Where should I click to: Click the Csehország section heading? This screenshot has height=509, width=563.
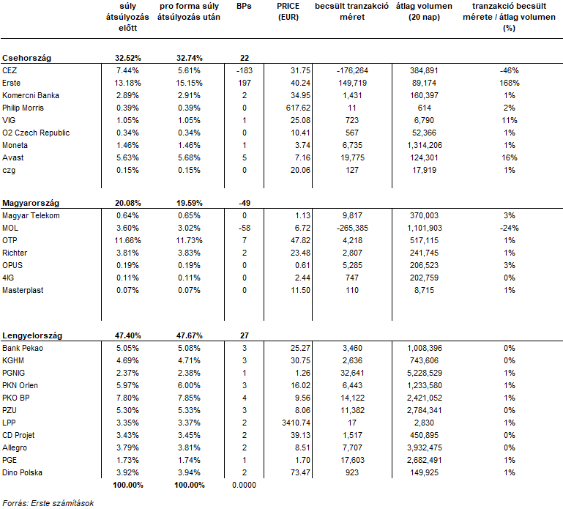coord(26,58)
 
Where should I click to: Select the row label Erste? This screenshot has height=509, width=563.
coord(11,83)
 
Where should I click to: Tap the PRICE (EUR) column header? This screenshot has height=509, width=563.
coord(288,12)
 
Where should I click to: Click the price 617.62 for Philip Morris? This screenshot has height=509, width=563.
coord(298,108)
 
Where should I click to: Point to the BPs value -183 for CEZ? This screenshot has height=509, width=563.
coord(244,70)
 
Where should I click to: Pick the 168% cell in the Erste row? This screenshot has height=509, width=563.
coord(509,83)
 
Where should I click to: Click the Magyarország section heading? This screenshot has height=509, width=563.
coord(31,204)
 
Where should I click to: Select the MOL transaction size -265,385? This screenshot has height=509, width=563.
coord(352,228)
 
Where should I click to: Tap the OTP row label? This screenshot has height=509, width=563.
coord(10,240)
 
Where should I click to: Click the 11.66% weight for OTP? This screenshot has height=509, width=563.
coord(128,240)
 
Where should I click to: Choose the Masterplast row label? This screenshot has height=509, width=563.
coord(23,290)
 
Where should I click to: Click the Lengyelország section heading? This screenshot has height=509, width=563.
coord(32,336)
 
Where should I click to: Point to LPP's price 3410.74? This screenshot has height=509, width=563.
coord(296,423)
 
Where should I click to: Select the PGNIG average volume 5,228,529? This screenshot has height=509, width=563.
coord(425,373)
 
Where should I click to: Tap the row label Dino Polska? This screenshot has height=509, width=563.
coord(22,472)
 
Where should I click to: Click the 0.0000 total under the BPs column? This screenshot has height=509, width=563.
coord(244,485)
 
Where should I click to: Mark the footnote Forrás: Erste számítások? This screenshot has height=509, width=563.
coord(48,503)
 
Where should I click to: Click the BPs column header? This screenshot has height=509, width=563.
coord(244,6)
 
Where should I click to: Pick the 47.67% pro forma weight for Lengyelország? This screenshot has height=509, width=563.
coord(189,336)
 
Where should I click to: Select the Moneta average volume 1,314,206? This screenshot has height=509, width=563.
coord(425,145)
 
